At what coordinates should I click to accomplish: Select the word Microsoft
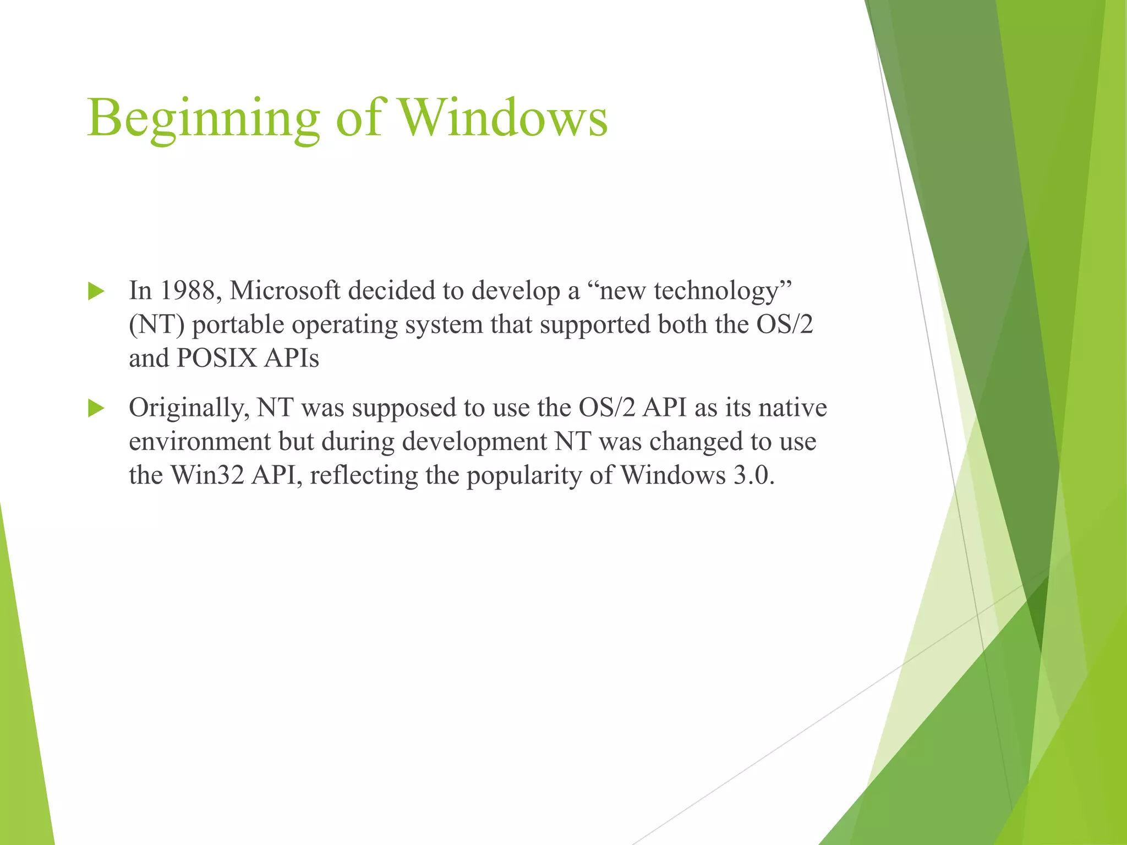[x=285, y=290]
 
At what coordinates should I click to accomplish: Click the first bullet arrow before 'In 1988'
[x=96, y=291]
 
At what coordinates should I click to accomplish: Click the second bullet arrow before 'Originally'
[x=96, y=408]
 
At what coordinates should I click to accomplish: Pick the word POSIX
[x=217, y=358]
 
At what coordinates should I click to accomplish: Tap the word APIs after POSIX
[x=292, y=358]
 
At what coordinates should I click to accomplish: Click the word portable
[x=237, y=325]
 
